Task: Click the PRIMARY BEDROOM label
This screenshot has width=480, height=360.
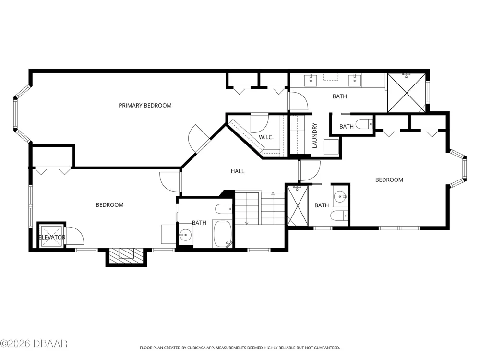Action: pyautogui.click(x=145, y=105)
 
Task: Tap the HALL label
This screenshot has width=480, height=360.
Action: pyautogui.click(x=238, y=171)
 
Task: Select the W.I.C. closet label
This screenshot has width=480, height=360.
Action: pyautogui.click(x=266, y=137)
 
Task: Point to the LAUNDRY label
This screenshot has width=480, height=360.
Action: pyautogui.click(x=315, y=136)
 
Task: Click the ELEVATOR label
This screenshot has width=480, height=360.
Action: pyautogui.click(x=52, y=237)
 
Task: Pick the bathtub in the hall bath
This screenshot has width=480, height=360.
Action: pyautogui.click(x=222, y=234)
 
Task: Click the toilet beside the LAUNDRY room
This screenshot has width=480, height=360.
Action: pyautogui.click(x=364, y=124)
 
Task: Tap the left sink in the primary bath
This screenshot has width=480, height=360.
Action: pyautogui.click(x=311, y=80)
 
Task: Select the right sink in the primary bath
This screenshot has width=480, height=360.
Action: pyautogui.click(x=355, y=80)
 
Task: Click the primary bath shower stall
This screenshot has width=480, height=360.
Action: pyautogui.click(x=407, y=93)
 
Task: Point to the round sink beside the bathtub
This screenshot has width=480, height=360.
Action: pyautogui.click(x=185, y=235)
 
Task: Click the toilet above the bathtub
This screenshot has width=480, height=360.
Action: pyautogui.click(x=224, y=209)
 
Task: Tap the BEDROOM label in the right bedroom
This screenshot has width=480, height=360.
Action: pyautogui.click(x=389, y=180)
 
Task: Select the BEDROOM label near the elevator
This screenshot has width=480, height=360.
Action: pyautogui.click(x=109, y=205)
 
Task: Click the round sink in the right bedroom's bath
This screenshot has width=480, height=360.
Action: pyautogui.click(x=340, y=196)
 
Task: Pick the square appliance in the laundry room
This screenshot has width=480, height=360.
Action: pyautogui.click(x=331, y=147)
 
